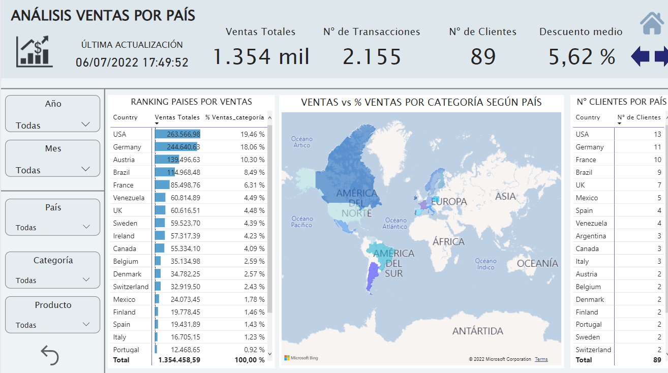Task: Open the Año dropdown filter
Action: pyautogui.click(x=85, y=125)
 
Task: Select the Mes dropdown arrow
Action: pyautogui.click(x=85, y=169)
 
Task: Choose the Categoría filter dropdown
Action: pyautogui.click(x=86, y=279)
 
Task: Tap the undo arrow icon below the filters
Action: pyautogui.click(x=50, y=355)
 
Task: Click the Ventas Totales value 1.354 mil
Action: pyautogui.click(x=260, y=56)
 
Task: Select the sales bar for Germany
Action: pyautogui.click(x=176, y=147)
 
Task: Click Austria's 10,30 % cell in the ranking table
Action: pyautogui.click(x=254, y=160)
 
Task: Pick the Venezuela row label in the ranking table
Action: pyautogui.click(x=129, y=198)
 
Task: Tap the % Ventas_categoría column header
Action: pyautogui.click(x=234, y=117)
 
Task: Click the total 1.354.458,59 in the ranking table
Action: pyautogui.click(x=179, y=360)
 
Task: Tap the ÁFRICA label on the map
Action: pyautogui.click(x=448, y=241)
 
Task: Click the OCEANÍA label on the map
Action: pyautogui.click(x=537, y=263)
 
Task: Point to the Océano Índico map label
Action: pyautogui.click(x=485, y=264)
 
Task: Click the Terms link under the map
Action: pyautogui.click(x=541, y=359)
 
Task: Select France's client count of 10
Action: pyautogui.click(x=657, y=160)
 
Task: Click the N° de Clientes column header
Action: pyautogui.click(x=639, y=117)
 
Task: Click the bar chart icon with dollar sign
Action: pyautogui.click(x=34, y=51)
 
